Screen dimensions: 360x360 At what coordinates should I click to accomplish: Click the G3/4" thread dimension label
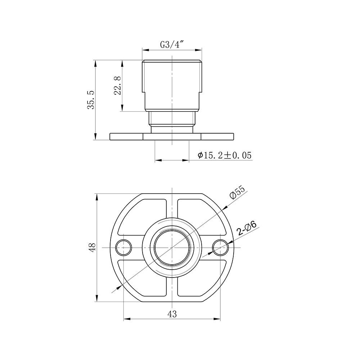coord(172,45)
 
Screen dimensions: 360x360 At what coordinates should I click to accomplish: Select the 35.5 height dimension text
coord(91,100)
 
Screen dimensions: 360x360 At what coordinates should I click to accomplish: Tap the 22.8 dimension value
coord(117,86)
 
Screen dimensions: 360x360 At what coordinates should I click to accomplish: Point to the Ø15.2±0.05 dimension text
coord(225,155)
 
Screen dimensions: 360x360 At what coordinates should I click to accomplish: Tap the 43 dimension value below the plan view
coord(172,314)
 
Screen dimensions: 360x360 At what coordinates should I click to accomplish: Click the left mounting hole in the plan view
coord(123,247)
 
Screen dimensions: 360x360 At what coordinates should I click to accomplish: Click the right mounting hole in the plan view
coord(220,247)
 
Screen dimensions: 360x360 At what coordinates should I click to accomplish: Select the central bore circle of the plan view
coord(172,247)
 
